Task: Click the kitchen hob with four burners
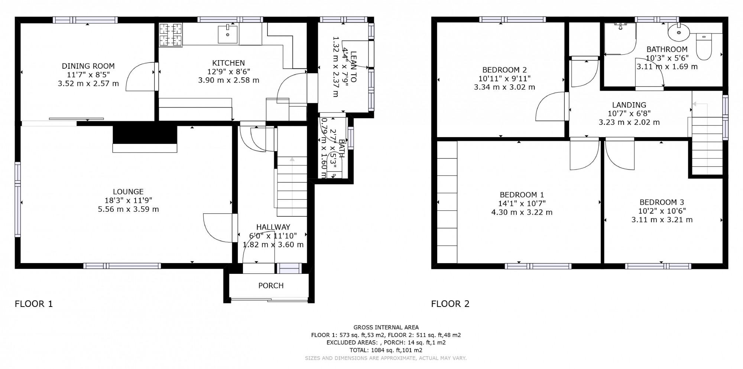[171, 35]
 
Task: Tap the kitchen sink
[227, 34]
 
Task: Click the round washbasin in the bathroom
[679, 32]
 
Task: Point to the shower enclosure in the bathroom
[620, 38]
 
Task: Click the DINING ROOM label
[88, 66]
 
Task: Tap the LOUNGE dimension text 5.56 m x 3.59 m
[128, 209]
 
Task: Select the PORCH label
[271, 286]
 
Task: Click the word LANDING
[629, 105]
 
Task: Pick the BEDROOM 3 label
[662, 203]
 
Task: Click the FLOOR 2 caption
[450, 304]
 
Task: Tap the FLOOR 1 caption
[34, 304]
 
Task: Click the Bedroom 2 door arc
[550, 108]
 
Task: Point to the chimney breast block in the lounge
[145, 135]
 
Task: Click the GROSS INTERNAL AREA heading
[386, 327]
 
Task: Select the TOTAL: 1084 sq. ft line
[386, 350]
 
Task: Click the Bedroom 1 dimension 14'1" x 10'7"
[522, 204]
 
